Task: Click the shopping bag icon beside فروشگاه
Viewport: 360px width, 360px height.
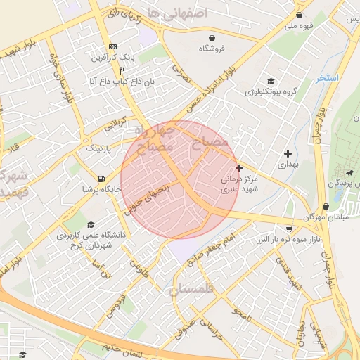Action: tap(212, 38)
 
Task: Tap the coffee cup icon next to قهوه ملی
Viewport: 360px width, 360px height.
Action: tap(300, 15)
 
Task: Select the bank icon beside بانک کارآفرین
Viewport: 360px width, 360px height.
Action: tap(112, 46)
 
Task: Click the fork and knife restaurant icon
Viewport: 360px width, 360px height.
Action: tap(122, 70)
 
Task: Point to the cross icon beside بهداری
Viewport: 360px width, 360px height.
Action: tap(288, 153)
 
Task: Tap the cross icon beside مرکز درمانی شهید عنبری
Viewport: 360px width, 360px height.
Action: tap(240, 168)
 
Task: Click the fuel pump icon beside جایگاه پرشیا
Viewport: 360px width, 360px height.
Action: tap(103, 179)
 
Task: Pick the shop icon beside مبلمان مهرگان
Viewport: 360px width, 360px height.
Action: tap(326, 207)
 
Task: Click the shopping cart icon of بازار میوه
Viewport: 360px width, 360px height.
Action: tap(289, 229)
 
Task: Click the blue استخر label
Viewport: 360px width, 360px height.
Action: tap(327, 78)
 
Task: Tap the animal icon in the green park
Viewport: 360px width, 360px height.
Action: tap(349, 173)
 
